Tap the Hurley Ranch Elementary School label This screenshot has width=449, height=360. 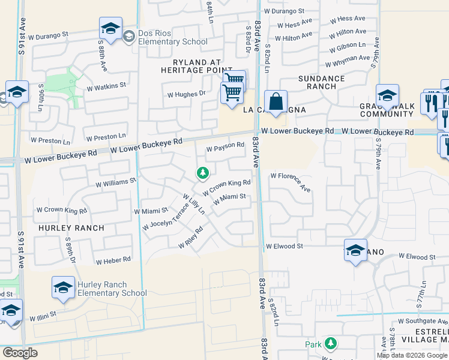(x=112, y=289)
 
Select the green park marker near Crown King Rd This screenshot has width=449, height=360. (x=203, y=173)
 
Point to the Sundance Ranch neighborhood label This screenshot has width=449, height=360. (x=322, y=82)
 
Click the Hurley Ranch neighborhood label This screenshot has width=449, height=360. (x=71, y=228)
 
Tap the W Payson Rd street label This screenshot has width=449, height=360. (x=225, y=146)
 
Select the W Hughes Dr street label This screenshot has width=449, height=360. (x=186, y=94)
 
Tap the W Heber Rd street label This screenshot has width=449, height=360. (x=113, y=260)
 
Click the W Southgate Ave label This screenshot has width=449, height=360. (x=420, y=320)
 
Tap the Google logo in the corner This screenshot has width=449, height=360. (x=20, y=353)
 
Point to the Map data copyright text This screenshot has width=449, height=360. (x=412, y=355)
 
